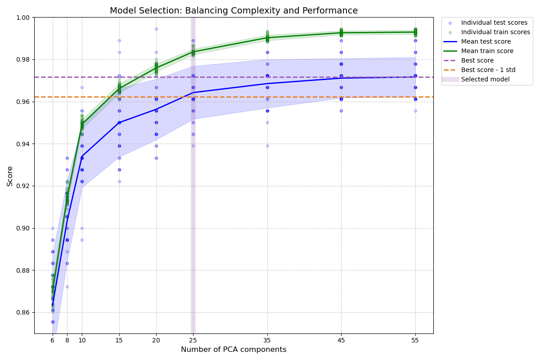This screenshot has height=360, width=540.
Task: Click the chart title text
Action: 234,11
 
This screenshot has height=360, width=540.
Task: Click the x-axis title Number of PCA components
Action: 234,350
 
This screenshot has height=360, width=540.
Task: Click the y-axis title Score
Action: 10,176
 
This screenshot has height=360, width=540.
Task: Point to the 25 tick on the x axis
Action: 193,340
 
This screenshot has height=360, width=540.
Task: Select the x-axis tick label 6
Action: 53,340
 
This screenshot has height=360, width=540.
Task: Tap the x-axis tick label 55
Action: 415,340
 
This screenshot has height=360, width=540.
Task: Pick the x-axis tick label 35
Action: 267,340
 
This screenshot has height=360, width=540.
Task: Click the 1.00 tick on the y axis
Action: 23,18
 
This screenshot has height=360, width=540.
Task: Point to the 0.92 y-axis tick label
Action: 23,186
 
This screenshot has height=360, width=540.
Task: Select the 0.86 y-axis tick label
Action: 23,313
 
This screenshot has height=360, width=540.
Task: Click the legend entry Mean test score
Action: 486,42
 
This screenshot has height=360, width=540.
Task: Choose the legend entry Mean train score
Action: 487,51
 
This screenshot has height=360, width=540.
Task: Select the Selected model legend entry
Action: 485,80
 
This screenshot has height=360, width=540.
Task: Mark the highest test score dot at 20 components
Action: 156,29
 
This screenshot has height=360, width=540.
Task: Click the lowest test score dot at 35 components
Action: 267,146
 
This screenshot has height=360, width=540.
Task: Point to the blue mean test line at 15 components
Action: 119,122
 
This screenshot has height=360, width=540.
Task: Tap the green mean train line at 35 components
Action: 267,37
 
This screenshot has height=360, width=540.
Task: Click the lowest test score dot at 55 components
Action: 415,111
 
